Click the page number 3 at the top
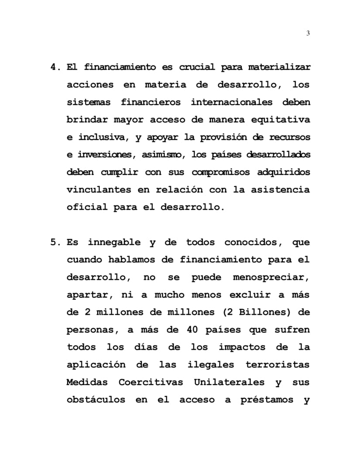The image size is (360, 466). coord(308,34)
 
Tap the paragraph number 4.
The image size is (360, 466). coord(54,68)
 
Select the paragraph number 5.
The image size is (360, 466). coord(54,242)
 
